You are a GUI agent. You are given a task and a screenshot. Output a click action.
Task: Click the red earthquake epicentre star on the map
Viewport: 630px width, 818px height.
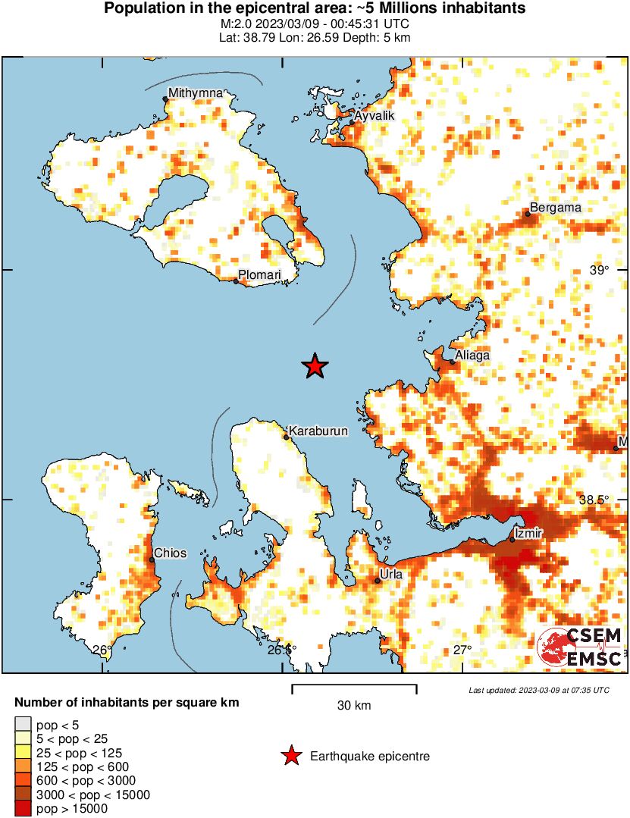tap(315, 367)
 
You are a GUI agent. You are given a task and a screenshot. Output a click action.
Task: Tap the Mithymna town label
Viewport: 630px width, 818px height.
tap(196, 93)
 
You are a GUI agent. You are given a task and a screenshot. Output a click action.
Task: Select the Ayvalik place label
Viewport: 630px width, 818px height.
tap(375, 115)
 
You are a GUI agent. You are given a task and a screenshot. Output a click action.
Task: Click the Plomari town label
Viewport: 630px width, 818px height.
tap(259, 274)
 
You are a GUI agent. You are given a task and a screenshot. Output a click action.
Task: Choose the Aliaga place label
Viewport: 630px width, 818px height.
tap(472, 355)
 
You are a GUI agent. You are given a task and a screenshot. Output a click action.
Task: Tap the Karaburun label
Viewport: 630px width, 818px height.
tap(318, 431)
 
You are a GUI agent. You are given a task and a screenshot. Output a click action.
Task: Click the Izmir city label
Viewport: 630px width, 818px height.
tap(528, 534)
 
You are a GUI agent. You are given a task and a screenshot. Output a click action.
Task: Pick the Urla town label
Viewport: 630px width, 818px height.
tap(390, 575)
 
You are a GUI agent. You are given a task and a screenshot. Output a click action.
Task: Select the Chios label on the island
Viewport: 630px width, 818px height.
tap(170, 553)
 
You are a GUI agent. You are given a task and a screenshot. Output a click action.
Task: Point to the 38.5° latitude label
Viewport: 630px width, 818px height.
tap(594, 500)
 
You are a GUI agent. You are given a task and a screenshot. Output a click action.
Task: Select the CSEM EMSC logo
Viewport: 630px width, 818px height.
tap(580, 648)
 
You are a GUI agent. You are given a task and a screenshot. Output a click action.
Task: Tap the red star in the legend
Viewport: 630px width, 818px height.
tap(290, 756)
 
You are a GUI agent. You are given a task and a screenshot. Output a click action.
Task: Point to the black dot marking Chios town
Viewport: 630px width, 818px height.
tap(152, 559)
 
